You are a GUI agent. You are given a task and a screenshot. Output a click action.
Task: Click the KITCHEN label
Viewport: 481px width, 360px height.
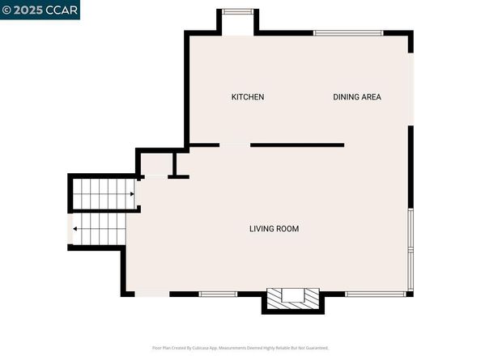coord(247,97)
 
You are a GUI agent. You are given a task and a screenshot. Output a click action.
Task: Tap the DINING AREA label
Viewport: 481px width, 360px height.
coord(357,97)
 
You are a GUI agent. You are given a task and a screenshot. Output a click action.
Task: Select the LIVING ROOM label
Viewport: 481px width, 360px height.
coord(274,229)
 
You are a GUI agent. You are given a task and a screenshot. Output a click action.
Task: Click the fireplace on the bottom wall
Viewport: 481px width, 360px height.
coord(293,297)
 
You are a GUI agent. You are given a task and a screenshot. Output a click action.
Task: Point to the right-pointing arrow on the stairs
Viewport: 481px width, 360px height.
coord(131,194)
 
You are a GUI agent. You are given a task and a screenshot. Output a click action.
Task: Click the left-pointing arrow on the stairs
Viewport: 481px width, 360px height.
coord(75,229)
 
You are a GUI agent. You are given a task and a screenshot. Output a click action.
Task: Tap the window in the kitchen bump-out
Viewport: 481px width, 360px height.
coord(236,11)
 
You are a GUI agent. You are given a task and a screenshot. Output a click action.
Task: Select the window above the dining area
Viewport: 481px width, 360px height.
coord(348,33)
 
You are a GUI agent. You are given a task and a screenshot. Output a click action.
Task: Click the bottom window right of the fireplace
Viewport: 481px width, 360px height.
coord(376,293)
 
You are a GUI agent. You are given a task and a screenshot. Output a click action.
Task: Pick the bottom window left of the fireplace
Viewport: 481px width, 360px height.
coord(218,293)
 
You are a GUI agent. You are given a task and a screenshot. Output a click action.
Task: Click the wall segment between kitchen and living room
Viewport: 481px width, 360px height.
coord(297,145)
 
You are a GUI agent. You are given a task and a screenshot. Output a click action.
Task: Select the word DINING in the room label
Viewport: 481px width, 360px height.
coord(345,97)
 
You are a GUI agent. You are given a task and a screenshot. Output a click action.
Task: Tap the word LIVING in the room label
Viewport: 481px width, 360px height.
coord(261,229)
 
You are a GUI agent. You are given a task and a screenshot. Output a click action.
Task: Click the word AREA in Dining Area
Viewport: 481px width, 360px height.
coord(371,97)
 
